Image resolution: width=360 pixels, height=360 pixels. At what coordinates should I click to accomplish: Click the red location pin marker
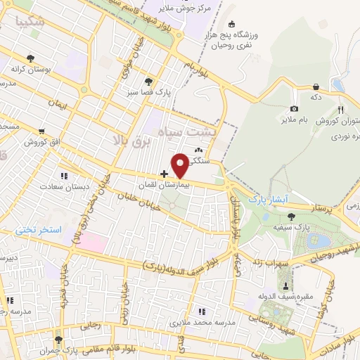[x=181, y=165]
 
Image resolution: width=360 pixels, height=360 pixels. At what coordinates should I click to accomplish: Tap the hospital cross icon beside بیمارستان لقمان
[x=164, y=174]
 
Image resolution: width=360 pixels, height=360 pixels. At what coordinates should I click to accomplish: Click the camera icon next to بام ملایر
[x=294, y=109]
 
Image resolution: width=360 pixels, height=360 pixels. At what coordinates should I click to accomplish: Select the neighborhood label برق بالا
[x=131, y=141]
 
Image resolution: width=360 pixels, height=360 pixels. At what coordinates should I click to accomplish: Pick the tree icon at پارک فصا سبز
[x=148, y=81]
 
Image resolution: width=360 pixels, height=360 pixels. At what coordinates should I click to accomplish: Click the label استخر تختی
[x=41, y=230]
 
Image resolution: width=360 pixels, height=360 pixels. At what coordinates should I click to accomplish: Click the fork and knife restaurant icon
[x=341, y=110]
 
